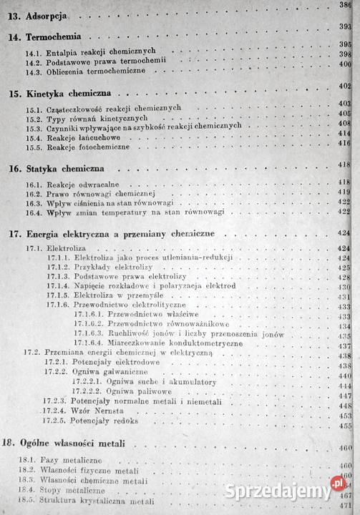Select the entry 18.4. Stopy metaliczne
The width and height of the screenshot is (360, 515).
tap(69, 491)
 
